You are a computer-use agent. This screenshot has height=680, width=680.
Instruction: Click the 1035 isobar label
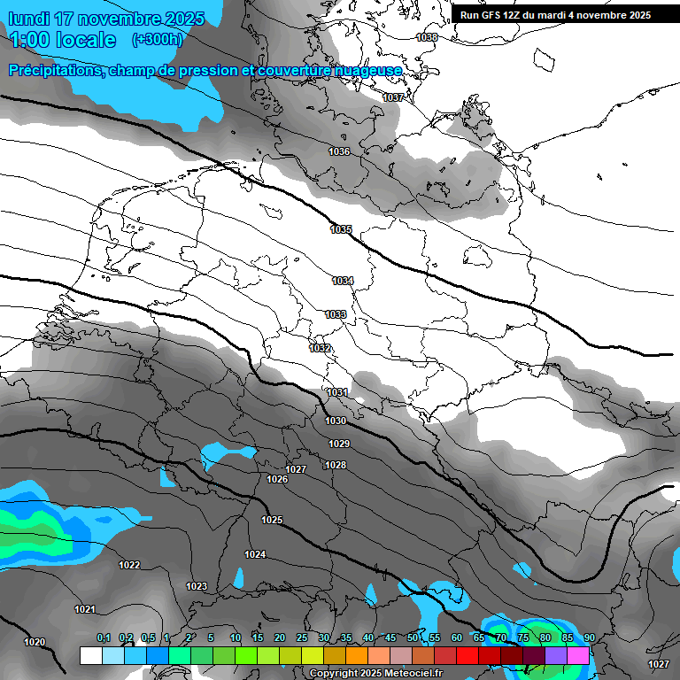pyautogui.click(x=341, y=230)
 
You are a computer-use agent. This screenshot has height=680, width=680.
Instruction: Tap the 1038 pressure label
pyautogui.click(x=427, y=38)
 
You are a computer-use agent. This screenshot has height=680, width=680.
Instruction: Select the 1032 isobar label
pyautogui.click(x=320, y=348)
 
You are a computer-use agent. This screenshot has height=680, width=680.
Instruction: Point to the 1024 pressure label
pyautogui.click(x=255, y=555)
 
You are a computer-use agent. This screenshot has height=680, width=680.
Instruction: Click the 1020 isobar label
pyautogui.click(x=35, y=643)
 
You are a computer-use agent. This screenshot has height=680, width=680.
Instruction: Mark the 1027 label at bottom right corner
pyautogui.click(x=658, y=664)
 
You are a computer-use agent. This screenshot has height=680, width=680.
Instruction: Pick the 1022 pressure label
pyautogui.click(x=129, y=565)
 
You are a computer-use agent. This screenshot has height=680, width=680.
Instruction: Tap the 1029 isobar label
pyautogui.click(x=338, y=444)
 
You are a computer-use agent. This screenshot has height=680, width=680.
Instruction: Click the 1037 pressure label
pyautogui.click(x=393, y=97)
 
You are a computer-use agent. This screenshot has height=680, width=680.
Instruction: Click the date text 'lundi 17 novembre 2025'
pyautogui.click(x=106, y=19)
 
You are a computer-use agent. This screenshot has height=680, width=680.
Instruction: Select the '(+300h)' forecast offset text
pyautogui.click(x=158, y=40)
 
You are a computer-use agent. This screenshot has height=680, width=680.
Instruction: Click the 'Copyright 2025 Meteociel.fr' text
pyautogui.click(x=375, y=674)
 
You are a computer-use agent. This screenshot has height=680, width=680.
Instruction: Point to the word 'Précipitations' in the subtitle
pyautogui.click(x=53, y=70)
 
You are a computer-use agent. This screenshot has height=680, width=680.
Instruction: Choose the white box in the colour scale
pyautogui.click(x=90, y=655)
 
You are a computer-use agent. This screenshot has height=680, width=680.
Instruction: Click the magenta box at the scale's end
pyautogui.click(x=578, y=655)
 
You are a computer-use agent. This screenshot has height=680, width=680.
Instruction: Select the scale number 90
pyautogui.click(x=589, y=637)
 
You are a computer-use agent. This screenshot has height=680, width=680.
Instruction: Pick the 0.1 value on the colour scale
pyautogui.click(x=104, y=637)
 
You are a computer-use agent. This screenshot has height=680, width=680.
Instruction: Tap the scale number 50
pyautogui.click(x=413, y=637)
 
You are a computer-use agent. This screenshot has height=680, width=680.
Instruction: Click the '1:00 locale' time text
pyautogui.click(x=62, y=40)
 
